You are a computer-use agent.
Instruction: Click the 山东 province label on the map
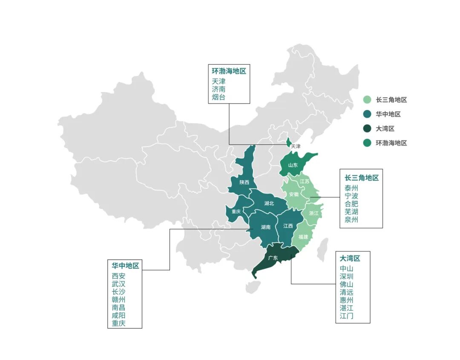tap(293, 165)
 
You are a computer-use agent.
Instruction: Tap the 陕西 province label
tap(244, 182)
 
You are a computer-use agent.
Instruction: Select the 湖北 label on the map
tap(269, 203)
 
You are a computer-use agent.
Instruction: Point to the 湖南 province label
tap(265, 227)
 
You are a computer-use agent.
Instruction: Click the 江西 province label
tap(288, 226)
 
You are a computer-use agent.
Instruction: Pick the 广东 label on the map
tap(273, 258)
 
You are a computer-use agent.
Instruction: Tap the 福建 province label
tap(303, 236)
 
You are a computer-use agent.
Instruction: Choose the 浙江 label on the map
tap(313, 213)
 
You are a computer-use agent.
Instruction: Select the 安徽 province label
tap(294, 194)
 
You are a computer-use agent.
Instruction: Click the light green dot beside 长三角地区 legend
tap(367, 100)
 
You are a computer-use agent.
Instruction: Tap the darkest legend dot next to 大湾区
tap(367, 129)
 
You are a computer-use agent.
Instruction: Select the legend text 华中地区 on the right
tap(388, 114)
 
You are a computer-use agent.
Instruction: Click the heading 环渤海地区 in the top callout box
tap(229, 71)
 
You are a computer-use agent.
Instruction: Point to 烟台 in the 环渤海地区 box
tap(218, 97)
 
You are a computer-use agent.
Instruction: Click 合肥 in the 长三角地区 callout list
tap(351, 204)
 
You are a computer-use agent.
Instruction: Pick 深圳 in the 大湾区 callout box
tap(347, 276)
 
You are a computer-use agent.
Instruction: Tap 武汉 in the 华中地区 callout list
tap(119, 284)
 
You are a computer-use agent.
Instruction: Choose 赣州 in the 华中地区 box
tap(119, 300)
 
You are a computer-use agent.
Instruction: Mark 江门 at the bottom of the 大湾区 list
tap(347, 316)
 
